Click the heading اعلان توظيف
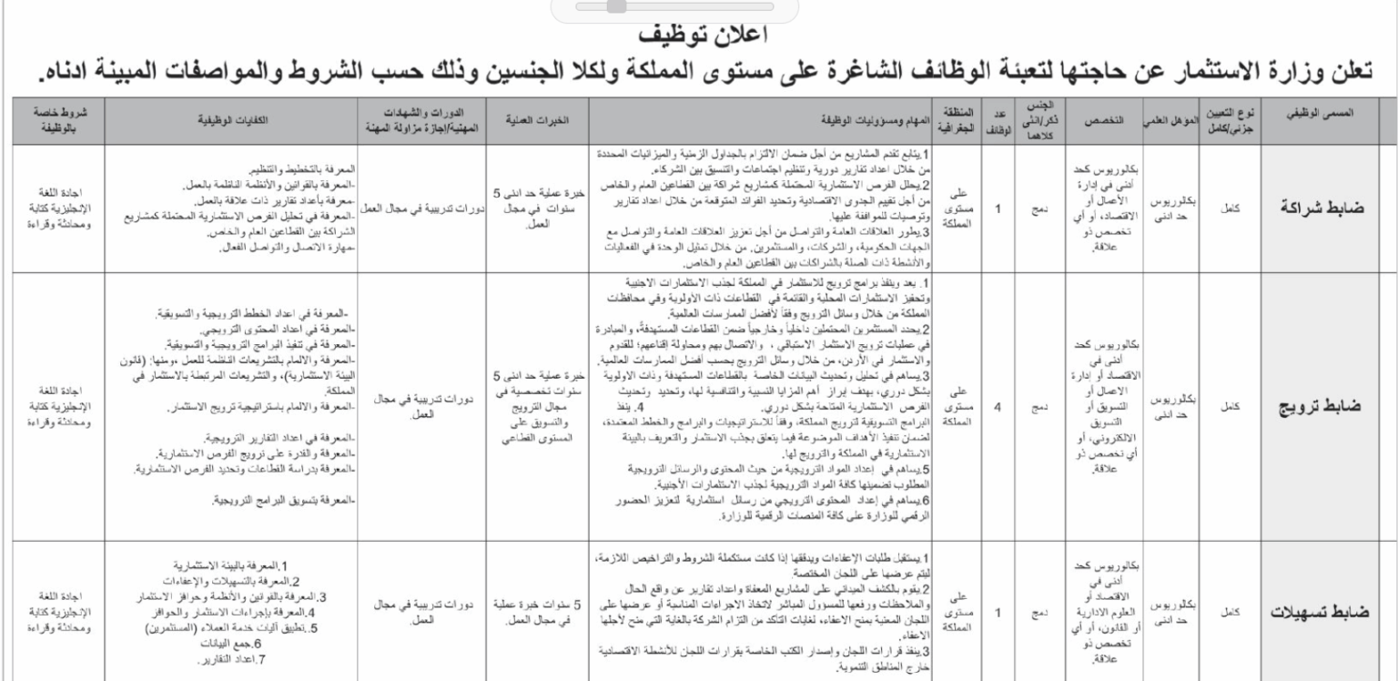(698, 36)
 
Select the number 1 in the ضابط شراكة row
(998, 208)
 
